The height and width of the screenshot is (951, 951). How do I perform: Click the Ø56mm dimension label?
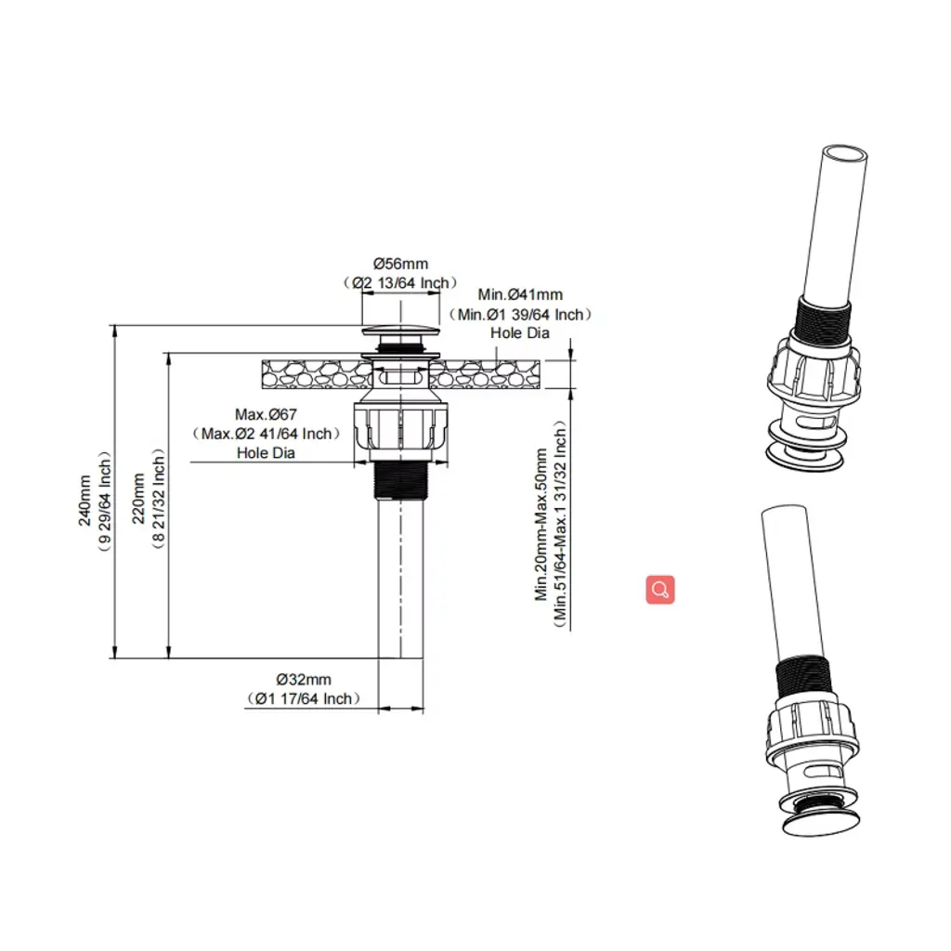click(x=400, y=264)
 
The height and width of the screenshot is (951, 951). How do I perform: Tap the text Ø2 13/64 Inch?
click(x=400, y=283)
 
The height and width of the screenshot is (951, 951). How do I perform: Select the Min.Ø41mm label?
click(x=520, y=294)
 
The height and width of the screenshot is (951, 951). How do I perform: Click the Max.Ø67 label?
click(x=266, y=415)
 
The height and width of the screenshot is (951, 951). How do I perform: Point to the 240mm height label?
click(x=85, y=501)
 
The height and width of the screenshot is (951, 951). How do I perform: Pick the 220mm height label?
click(x=138, y=499)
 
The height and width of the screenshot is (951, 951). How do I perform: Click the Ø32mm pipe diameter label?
click(x=304, y=679)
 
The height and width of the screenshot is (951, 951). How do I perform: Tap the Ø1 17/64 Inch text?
click(x=304, y=698)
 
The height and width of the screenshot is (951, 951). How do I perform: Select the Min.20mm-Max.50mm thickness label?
click(x=541, y=524)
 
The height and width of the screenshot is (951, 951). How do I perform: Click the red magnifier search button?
click(x=660, y=590)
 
